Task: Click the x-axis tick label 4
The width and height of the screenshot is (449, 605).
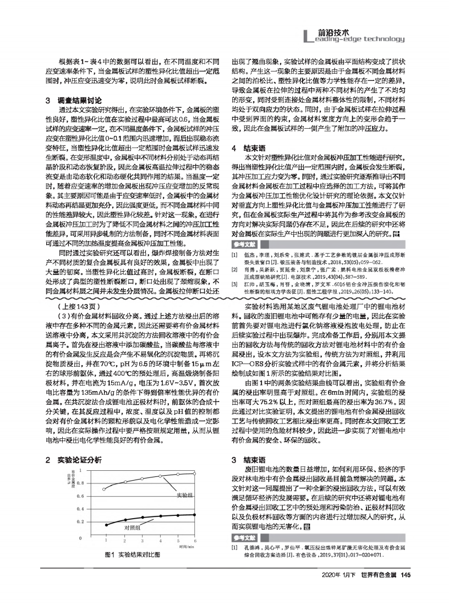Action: [161, 542]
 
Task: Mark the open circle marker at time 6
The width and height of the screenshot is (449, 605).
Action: [195, 473]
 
